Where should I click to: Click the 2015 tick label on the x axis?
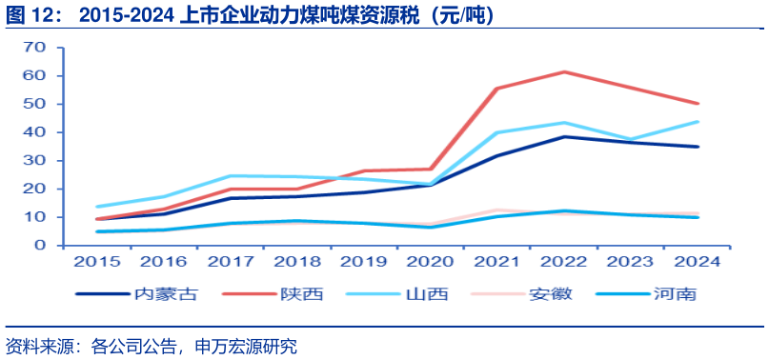(93, 260)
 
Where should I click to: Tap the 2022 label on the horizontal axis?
(564, 260)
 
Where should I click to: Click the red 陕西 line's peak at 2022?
(564, 71)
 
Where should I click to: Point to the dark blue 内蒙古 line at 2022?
(564, 136)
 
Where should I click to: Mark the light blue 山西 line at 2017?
(229, 175)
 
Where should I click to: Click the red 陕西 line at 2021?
(497, 89)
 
